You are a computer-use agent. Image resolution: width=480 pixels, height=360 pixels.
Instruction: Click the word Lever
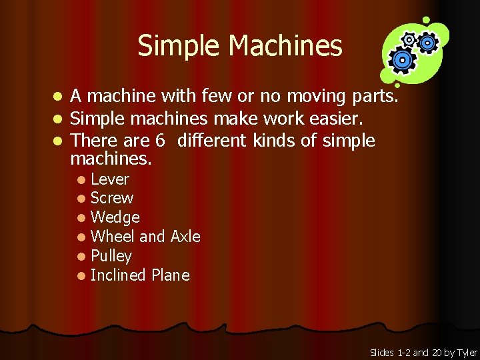tap(109, 179)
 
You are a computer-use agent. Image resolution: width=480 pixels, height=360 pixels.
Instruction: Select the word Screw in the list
tap(111, 198)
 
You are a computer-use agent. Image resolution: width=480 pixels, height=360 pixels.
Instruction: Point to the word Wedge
tap(115, 217)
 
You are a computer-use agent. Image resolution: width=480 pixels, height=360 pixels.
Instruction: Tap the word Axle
tap(185, 237)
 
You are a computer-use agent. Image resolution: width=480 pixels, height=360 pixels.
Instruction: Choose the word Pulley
tap(111, 256)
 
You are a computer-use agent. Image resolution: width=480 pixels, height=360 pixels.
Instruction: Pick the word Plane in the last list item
tap(171, 275)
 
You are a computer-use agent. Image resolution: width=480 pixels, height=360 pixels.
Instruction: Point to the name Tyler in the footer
tap(467, 353)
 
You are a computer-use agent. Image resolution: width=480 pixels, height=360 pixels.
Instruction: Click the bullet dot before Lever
tap(81, 179)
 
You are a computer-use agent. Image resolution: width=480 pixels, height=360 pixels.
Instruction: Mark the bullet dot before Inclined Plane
tap(81, 276)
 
